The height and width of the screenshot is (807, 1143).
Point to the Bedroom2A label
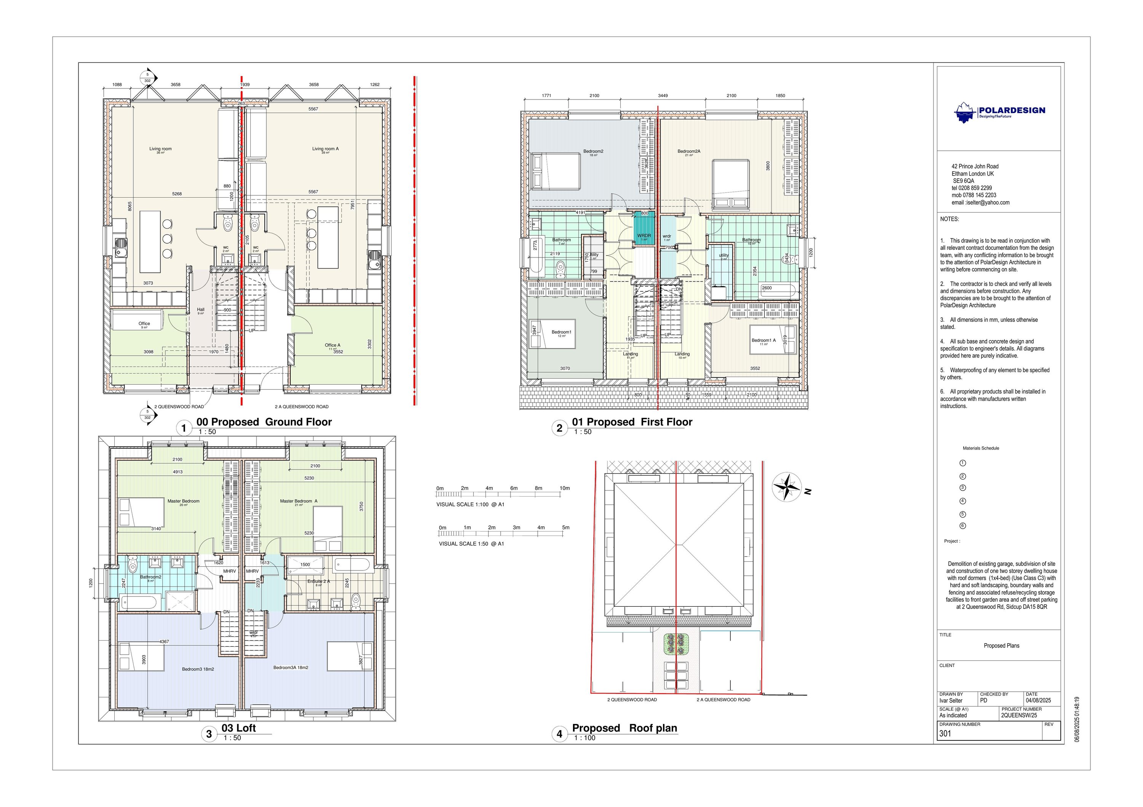(688, 151)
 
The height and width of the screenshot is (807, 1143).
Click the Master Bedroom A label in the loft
(298, 501)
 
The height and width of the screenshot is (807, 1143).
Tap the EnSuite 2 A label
(318, 581)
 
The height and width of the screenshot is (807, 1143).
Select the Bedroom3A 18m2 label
(290, 668)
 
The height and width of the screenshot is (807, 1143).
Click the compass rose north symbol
(786, 487)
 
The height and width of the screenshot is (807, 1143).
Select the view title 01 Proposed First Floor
(632, 422)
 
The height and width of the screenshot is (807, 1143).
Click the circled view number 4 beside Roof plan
(560, 733)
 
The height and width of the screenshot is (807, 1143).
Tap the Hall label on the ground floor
(201, 310)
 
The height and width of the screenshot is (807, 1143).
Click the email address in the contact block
(980, 203)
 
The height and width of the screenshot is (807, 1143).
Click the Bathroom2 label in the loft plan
(150, 577)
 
